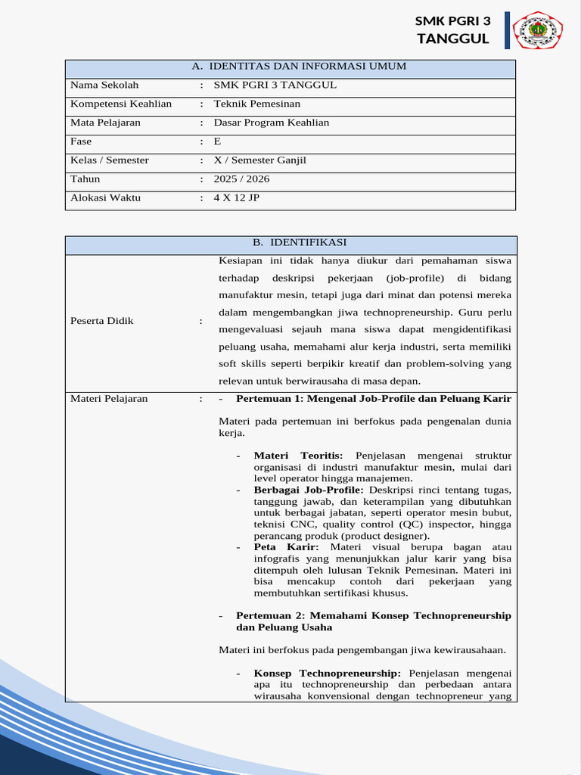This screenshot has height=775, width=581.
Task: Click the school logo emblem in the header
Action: pyautogui.click(x=538, y=30)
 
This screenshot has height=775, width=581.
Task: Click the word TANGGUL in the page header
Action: pyautogui.click(x=453, y=39)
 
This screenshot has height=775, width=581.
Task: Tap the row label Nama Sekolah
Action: pyautogui.click(x=104, y=86)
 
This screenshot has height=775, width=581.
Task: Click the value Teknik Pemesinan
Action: pyautogui.click(x=257, y=104)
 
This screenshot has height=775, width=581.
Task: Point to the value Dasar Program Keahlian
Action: pyautogui.click(x=272, y=123)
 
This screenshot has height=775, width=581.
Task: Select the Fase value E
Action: pyautogui.click(x=218, y=142)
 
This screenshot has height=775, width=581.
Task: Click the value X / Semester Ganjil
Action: pyautogui.click(x=260, y=160)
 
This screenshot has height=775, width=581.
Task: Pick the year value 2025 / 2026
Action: pyautogui.click(x=241, y=179)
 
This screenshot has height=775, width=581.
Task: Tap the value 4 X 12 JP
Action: pyautogui.click(x=236, y=198)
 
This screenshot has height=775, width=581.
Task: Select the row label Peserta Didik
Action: pyautogui.click(x=102, y=321)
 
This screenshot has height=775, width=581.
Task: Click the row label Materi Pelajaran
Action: pyautogui.click(x=109, y=399)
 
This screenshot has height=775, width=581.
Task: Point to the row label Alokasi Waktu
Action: pyautogui.click(x=105, y=198)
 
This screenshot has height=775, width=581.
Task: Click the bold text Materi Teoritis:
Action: pyautogui.click(x=299, y=456)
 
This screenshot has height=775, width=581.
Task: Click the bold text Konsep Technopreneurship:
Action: pyautogui.click(x=328, y=674)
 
